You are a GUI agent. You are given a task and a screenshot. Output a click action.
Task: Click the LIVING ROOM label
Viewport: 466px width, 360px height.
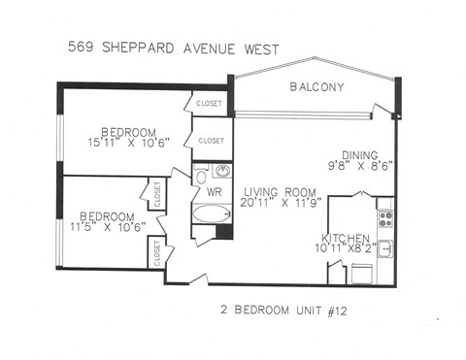279,192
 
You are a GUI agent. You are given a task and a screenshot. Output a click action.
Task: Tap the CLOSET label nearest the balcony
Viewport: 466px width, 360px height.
210,103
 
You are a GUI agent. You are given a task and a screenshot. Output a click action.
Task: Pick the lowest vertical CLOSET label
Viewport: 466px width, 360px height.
155,254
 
